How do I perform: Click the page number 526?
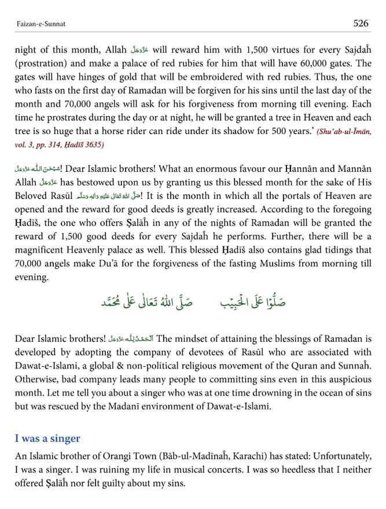pyautogui.click(x=361, y=23)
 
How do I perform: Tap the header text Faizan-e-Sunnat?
pyautogui.click(x=38, y=24)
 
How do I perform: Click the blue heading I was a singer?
pyautogui.click(x=47, y=438)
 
